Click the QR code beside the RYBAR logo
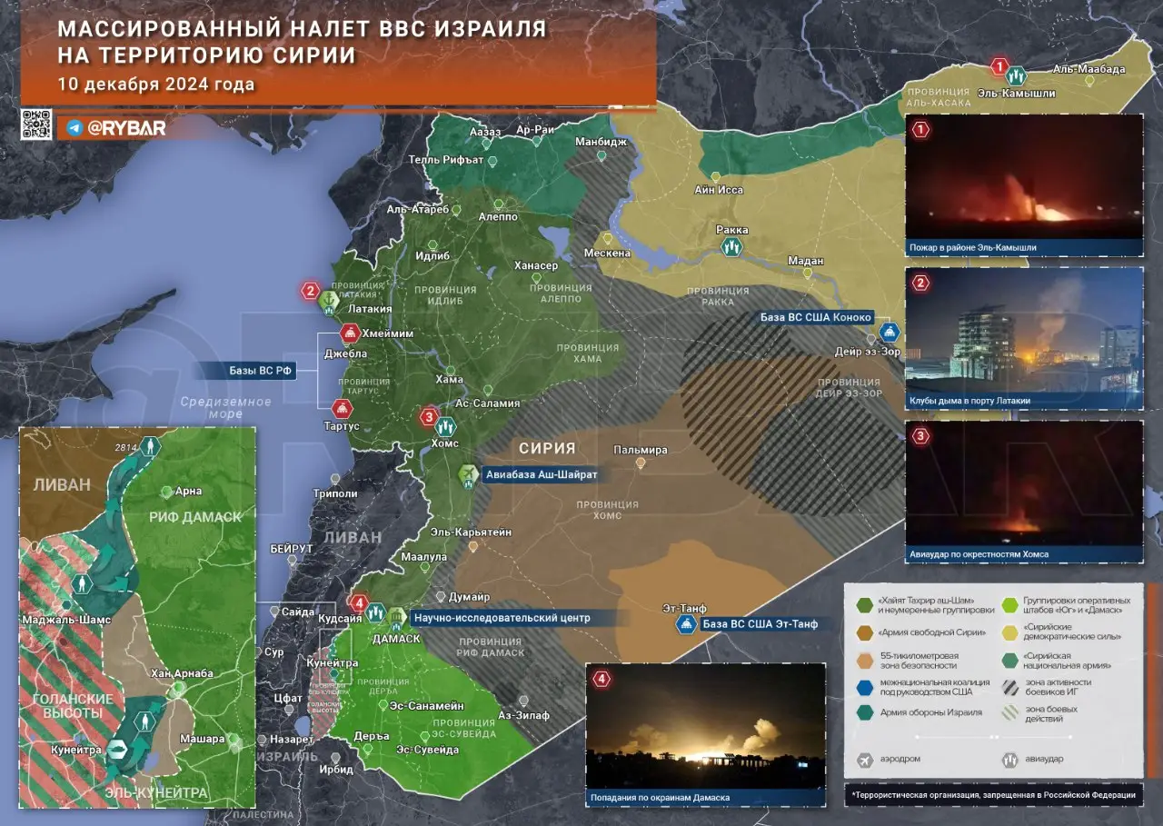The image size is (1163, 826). click(x=36, y=124)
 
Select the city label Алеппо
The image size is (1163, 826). click(x=497, y=217)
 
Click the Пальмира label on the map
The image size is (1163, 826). click(x=640, y=450)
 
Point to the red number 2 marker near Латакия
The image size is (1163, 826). click(x=311, y=292)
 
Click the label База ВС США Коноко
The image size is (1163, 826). click(x=816, y=317)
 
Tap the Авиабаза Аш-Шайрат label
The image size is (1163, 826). click(x=541, y=474)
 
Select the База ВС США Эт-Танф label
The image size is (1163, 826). click(x=761, y=623)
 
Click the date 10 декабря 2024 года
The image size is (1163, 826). click(x=155, y=85)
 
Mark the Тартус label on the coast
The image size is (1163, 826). click(x=342, y=426)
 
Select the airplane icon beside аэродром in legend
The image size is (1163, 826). click(x=864, y=759)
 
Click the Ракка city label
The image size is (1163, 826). click(x=731, y=231)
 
